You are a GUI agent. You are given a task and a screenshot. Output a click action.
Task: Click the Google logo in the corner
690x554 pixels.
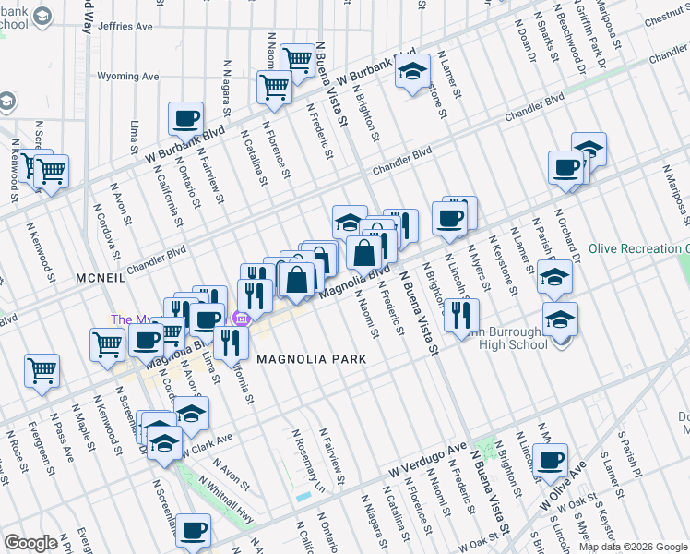click(30, 543)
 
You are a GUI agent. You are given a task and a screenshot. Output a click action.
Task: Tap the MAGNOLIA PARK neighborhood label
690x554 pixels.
click(311, 358)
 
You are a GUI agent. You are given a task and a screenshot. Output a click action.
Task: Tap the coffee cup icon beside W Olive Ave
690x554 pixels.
click(552, 460)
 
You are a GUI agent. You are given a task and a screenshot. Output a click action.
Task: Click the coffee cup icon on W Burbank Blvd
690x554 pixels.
click(185, 118)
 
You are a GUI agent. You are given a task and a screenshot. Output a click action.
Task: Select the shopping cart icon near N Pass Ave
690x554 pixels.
click(42, 370)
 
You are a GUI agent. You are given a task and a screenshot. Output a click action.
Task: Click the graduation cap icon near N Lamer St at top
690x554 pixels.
click(412, 70)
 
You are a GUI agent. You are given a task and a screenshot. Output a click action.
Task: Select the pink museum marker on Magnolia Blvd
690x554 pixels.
click(242, 320)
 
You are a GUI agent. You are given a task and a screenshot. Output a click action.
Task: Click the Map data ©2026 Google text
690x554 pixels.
click(633, 547)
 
